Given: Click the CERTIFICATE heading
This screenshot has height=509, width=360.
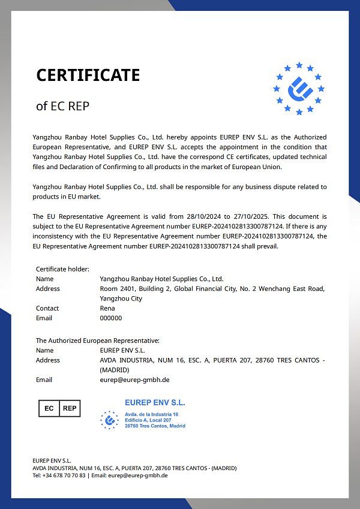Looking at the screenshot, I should coord(88,75).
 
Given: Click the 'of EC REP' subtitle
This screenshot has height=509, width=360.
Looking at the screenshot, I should coord(62,106).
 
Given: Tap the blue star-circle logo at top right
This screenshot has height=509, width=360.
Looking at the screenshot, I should coord(299,89).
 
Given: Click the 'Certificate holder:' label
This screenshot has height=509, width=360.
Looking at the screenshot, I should coord(62,269).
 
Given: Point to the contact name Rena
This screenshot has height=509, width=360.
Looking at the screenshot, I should coord(107,308).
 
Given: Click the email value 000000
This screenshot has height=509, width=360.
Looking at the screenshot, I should coord(110,318).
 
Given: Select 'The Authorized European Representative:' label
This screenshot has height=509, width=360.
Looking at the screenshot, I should coord(97,341).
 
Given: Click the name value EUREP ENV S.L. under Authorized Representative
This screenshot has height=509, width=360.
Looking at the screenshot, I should coord(122,350).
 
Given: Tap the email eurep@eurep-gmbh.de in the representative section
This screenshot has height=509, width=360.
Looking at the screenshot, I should coord(134,380).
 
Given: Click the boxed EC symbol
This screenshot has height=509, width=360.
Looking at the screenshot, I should coord(49,408).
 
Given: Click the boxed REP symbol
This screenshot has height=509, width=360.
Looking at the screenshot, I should coord(70,408).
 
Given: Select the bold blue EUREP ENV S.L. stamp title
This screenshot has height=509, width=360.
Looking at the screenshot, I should coord(155,403).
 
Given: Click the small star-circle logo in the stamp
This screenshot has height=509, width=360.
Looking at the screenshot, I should coord(109,420).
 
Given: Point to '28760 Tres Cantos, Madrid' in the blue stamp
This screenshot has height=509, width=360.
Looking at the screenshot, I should coord(155,426).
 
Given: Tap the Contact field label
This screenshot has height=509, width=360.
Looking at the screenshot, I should coord(47,308).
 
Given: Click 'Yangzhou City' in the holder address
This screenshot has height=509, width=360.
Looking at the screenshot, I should coord(121,299).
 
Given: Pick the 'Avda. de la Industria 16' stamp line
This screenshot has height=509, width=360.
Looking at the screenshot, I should coord(152,415).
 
